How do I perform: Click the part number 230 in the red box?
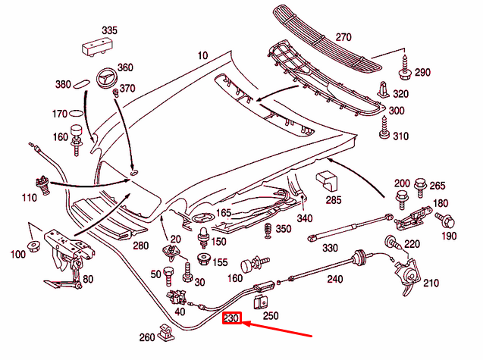click(231, 320)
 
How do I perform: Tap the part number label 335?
click(110, 30)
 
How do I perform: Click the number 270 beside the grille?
click(344, 36)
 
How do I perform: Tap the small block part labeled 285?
click(327, 182)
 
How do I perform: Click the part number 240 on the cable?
click(335, 278)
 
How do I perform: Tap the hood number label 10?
click(202, 55)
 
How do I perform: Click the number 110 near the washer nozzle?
click(29, 197)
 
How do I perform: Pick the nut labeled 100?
click(34, 246)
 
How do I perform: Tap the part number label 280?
click(141, 246)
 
